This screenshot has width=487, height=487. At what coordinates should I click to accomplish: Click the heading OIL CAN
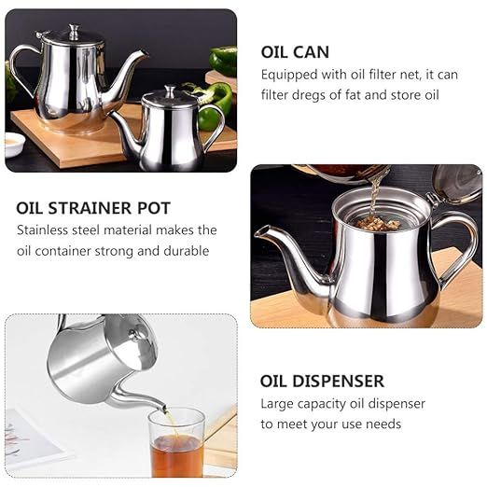click(296, 52)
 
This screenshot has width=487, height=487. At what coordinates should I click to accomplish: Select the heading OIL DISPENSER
click(322, 382)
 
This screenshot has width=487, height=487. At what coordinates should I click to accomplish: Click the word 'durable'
click(188, 251)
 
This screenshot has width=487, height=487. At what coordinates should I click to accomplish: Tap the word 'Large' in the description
click(279, 404)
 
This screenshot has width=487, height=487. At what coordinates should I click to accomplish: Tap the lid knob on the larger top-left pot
click(72, 31)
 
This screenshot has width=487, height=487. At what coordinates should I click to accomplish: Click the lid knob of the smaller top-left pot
click(169, 91)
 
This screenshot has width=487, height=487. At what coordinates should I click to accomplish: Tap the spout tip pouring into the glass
click(161, 407)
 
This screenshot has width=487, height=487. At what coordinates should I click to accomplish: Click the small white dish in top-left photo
click(14, 141)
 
